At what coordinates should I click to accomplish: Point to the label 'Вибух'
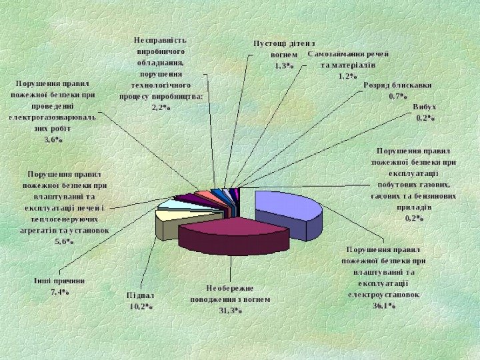point(425,107)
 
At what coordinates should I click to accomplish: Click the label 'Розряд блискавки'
point(397,85)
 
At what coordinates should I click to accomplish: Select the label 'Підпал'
point(141,295)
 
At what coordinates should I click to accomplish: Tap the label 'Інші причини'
point(60,280)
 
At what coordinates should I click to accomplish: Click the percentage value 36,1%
point(384,306)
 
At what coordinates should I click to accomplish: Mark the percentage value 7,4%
point(60,292)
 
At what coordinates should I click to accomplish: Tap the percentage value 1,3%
point(284,66)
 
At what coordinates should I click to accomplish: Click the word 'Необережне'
point(230,288)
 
